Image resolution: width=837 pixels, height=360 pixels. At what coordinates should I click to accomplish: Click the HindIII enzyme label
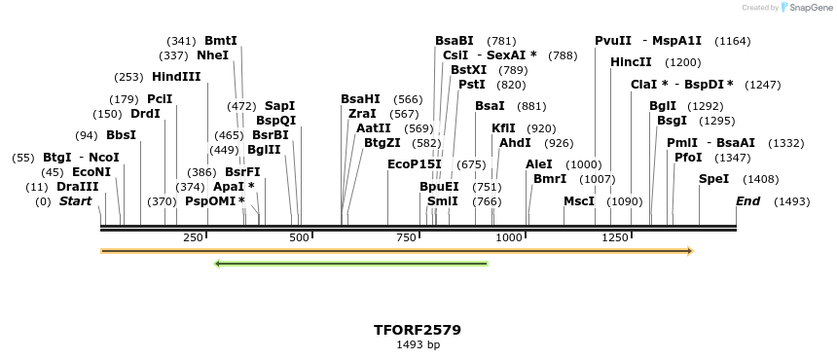(176, 76)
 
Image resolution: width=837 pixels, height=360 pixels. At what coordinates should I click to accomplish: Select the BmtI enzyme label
(220, 41)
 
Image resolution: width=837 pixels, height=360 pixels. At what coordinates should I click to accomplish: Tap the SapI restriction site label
(279, 105)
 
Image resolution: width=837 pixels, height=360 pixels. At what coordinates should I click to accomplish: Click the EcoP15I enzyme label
(414, 163)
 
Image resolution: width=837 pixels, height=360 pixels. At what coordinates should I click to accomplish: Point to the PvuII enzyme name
(613, 41)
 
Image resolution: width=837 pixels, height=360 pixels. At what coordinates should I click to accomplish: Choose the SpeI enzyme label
(713, 179)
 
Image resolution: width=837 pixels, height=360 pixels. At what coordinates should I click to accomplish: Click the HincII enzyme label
(631, 62)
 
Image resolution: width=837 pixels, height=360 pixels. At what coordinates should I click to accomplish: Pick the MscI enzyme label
(579, 201)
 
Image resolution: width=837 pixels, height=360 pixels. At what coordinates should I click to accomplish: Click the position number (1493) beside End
(791, 201)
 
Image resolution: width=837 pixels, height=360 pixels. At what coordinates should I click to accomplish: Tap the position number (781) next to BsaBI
(501, 41)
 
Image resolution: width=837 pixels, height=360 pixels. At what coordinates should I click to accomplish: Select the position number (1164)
(732, 41)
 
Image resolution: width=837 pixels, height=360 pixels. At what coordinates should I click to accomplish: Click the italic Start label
(82, 201)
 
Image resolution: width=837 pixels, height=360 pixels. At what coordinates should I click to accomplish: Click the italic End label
(747, 201)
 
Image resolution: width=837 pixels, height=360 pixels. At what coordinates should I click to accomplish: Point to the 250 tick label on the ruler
(193, 238)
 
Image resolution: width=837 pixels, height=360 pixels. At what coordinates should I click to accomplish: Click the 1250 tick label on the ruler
(614, 238)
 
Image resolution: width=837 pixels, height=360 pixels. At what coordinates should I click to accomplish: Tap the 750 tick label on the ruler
(403, 238)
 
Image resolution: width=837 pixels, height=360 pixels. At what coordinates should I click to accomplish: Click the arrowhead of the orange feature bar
(689, 251)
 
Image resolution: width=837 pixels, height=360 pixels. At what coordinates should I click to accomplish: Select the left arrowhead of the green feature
(218, 263)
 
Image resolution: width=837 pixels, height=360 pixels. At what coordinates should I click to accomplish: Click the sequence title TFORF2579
(418, 330)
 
